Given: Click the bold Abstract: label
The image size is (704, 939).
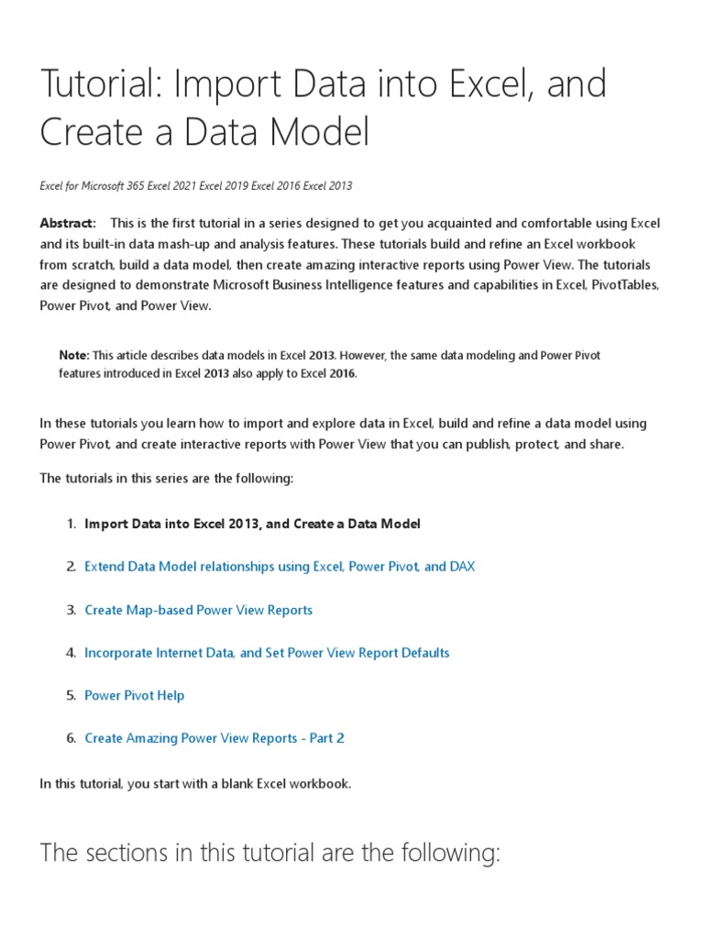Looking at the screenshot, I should click(67, 224).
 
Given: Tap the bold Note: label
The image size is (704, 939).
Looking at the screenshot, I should click(74, 355).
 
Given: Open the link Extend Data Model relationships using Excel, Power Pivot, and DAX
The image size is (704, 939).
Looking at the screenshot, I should click(280, 567).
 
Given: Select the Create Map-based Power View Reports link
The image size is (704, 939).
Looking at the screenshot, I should click(198, 610).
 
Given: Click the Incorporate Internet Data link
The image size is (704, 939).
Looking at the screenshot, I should click(267, 653).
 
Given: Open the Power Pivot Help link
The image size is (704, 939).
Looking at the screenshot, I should click(134, 695).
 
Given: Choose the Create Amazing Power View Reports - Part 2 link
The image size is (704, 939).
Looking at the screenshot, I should click(214, 738).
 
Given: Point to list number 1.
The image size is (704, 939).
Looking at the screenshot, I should click(71, 525).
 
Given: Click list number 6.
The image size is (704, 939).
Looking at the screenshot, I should click(71, 738).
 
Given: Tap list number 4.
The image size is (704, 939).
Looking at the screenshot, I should click(71, 653).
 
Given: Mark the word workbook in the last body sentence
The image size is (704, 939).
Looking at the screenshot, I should click(320, 784).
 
